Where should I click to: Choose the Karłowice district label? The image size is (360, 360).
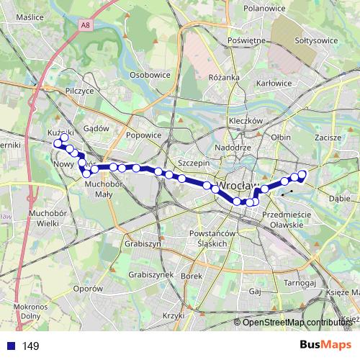pyautogui.click(x=274, y=83)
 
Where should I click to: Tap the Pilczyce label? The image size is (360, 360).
pyautogui.click(x=79, y=92)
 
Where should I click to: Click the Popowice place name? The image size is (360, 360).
pyautogui.click(x=143, y=134)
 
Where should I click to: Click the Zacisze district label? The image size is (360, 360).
pyautogui.click(x=328, y=137)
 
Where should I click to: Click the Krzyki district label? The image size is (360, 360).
pyautogui.click(x=174, y=315)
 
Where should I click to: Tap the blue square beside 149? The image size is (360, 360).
pyautogui.click(x=10, y=346)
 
